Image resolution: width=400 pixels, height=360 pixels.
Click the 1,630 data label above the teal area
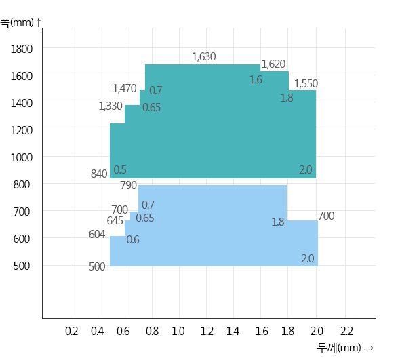point(204,57)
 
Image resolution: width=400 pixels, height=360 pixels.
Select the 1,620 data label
point(273,64)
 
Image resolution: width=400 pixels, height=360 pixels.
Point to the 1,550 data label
point(306,83)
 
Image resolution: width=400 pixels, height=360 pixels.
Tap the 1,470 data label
point(125,89)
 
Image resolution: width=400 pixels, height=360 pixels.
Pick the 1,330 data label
point(111,106)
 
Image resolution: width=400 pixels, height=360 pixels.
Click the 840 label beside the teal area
point(99,174)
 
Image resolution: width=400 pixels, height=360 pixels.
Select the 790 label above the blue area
point(129,185)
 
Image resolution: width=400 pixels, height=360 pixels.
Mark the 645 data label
point(115,221)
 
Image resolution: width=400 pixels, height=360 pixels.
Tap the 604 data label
point(97,234)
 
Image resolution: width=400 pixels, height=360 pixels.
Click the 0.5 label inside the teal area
point(120,170)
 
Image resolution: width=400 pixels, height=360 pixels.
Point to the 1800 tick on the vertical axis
point(22,49)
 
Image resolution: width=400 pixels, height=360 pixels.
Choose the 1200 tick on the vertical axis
point(22,130)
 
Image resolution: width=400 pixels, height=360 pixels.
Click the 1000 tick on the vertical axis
point(22,157)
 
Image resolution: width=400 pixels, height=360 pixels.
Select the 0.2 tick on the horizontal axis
point(71,331)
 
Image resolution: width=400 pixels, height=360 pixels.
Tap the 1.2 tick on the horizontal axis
point(207,331)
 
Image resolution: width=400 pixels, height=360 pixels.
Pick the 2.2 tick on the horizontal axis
point(346,331)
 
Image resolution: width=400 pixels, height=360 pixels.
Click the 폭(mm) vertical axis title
point(17,22)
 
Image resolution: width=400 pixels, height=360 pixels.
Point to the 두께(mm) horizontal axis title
point(339,348)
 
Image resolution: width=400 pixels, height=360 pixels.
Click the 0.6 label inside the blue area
point(133,240)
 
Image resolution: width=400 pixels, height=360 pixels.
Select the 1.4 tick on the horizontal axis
point(233,331)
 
